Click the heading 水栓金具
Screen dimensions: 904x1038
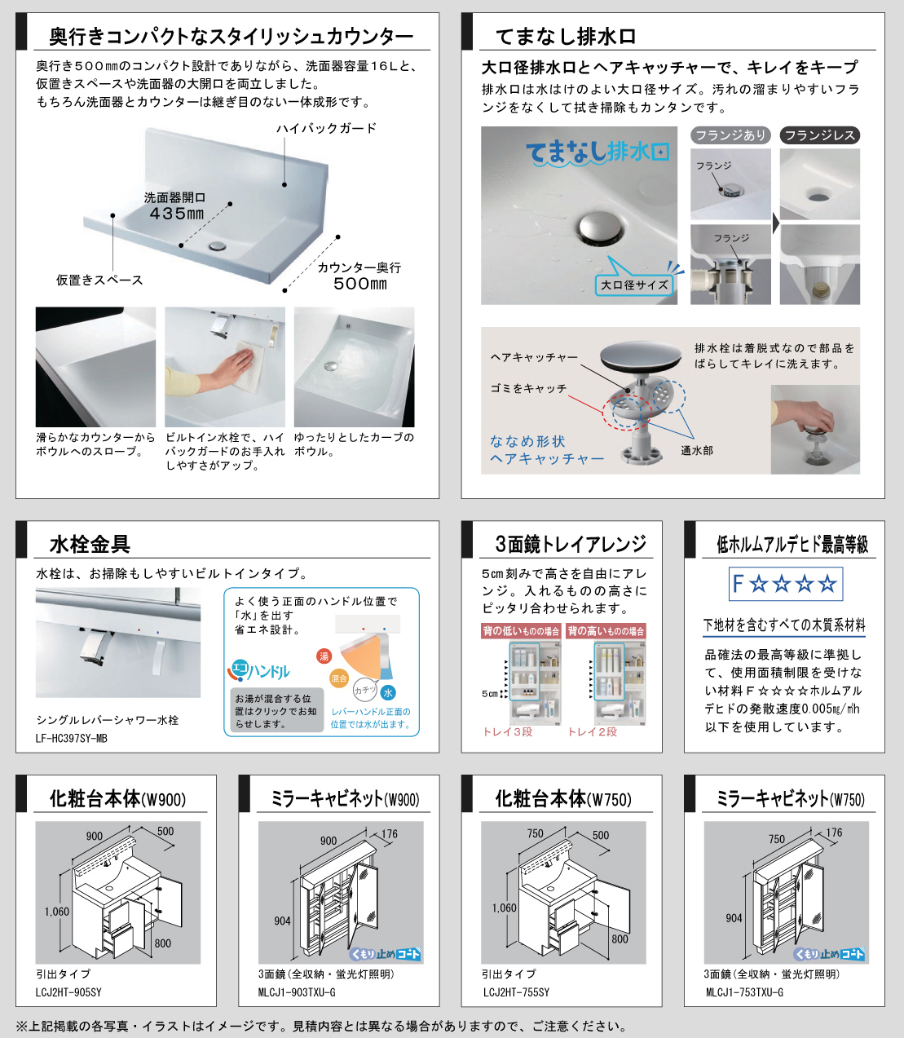coord(90,544)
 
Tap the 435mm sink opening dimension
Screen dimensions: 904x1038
coord(176,214)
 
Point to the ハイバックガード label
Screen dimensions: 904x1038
coord(327,128)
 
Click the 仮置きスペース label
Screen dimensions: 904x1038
coord(99,280)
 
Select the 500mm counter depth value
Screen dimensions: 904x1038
coord(360,284)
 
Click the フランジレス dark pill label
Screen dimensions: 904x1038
coord(819,135)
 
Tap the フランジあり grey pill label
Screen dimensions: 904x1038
coord(730,135)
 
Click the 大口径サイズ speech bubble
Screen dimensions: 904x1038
coord(634,285)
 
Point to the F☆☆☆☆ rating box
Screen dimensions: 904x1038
coord(785,584)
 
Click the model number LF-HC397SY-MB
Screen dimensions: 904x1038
coord(72,738)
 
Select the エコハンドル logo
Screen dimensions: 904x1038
coord(259,670)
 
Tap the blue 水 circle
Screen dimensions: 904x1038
coord(388,692)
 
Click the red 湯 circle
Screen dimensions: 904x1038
coord(324,656)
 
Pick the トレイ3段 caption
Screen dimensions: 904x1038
coord(508,731)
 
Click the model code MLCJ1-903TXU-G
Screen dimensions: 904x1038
coord(297,992)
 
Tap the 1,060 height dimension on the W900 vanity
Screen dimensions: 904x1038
coord(56,912)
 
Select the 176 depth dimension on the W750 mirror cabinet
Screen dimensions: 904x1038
coord(834,833)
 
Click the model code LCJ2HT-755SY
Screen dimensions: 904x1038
coord(516,992)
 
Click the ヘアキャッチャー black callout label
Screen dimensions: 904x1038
coord(535,357)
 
